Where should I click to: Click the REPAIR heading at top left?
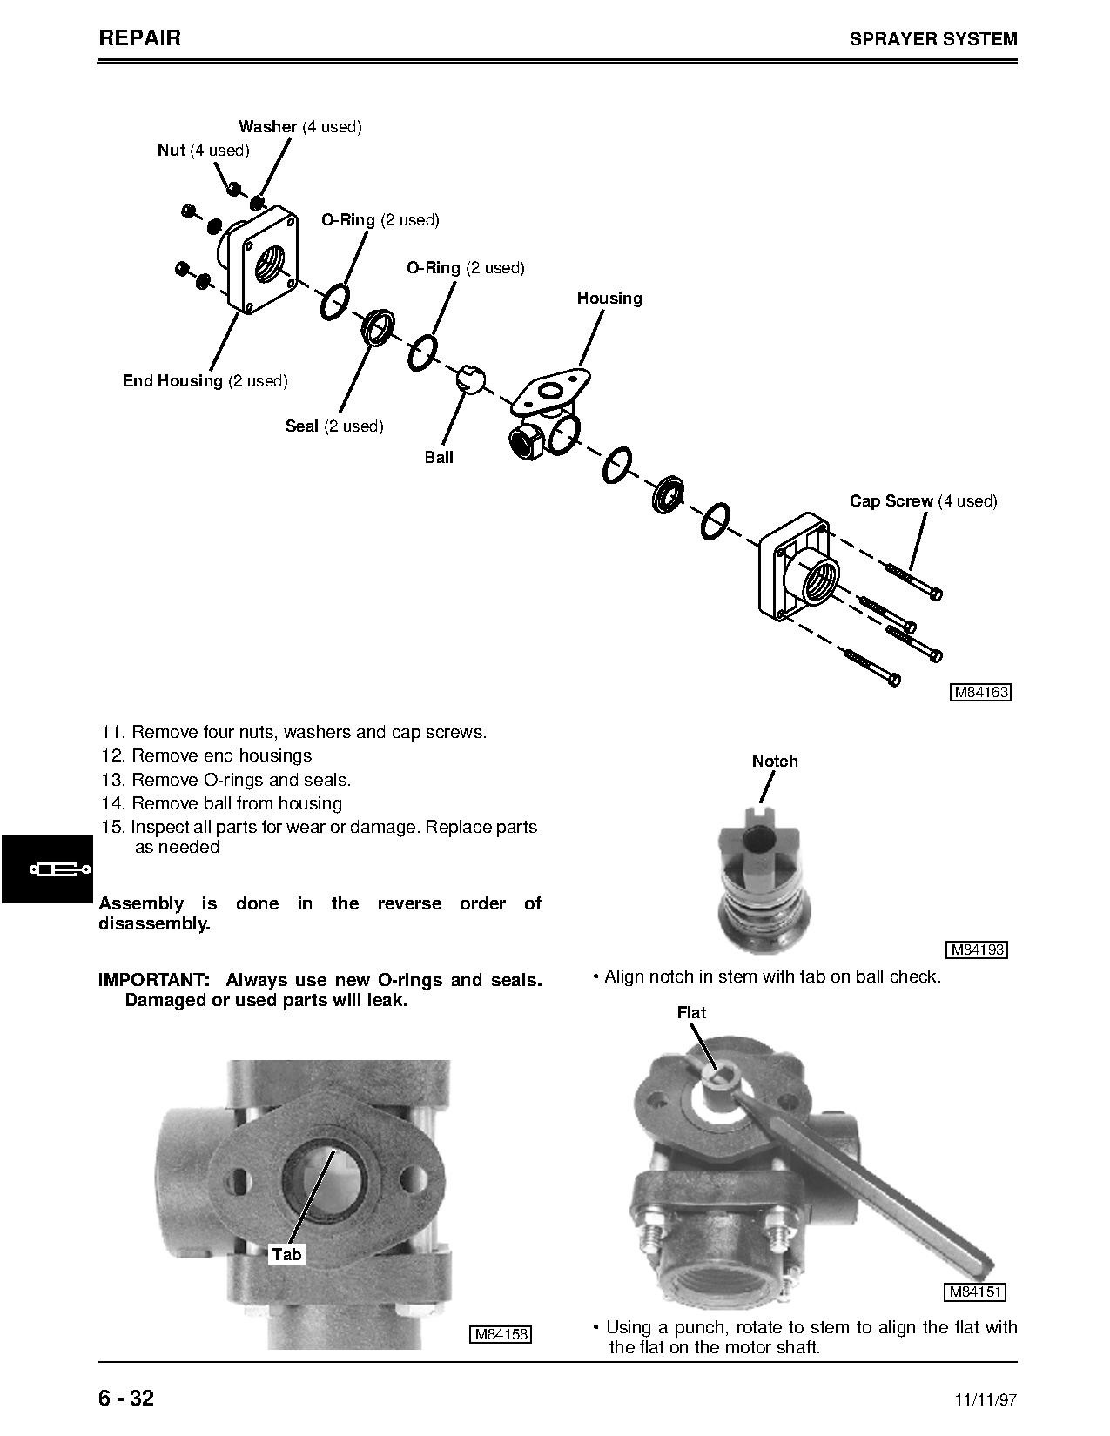click(140, 37)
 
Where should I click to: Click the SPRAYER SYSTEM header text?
click(932, 39)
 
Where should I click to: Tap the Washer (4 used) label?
click(299, 127)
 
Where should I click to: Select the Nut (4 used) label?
click(203, 151)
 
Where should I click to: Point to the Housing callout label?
click(609, 299)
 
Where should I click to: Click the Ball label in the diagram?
click(439, 458)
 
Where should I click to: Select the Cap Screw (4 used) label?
click(923, 501)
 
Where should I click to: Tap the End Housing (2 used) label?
click(205, 381)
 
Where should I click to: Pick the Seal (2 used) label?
click(334, 426)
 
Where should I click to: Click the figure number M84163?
click(980, 693)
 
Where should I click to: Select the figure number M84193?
click(976, 950)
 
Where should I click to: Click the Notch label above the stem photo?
click(775, 762)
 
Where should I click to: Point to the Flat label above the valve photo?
click(691, 1013)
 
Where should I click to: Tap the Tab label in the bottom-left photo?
click(286, 1254)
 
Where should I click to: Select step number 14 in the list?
click(114, 803)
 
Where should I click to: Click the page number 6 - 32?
click(127, 1398)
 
